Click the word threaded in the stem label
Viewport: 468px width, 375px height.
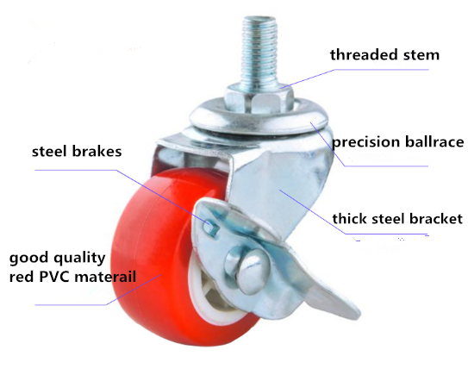pos(364,54)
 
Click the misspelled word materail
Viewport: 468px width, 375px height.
pos(105,277)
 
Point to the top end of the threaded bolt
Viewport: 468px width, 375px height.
pos(259,17)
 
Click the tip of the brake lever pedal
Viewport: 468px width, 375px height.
pos(359,314)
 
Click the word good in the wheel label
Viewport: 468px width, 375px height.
pos(28,259)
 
